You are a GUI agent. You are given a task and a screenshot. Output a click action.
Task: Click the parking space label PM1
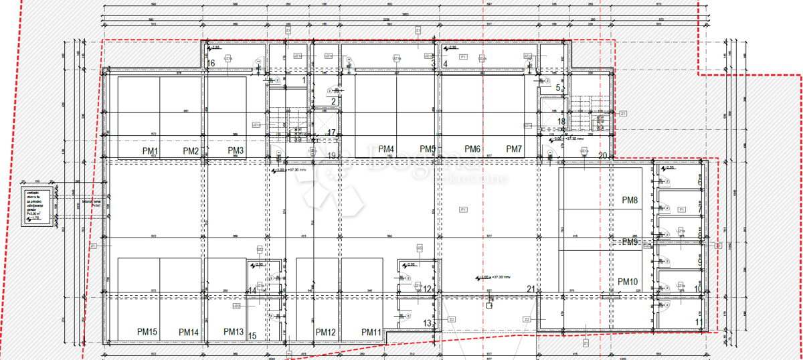pyautogui.click(x=150, y=152)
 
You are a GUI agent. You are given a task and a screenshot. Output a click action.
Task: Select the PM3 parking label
pyautogui.click(x=235, y=151)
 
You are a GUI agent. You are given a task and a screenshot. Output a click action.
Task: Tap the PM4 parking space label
pyautogui.click(x=386, y=149)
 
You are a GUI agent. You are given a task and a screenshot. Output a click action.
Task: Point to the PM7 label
pyautogui.click(x=514, y=149)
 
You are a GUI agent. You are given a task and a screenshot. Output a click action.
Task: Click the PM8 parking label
pyautogui.click(x=630, y=200)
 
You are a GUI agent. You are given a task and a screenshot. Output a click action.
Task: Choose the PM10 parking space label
pyautogui.click(x=630, y=281)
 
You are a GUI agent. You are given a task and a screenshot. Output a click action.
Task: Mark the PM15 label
pyautogui.click(x=147, y=332)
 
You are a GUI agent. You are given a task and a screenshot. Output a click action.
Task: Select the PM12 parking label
pyautogui.click(x=325, y=332)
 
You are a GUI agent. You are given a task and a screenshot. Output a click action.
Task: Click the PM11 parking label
pyautogui.click(x=371, y=332)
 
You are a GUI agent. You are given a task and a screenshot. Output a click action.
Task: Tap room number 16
pyautogui.click(x=211, y=64)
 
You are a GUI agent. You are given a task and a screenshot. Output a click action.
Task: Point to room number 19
pyautogui.click(x=332, y=156)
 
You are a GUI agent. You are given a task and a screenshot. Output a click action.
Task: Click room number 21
pyautogui.click(x=531, y=289)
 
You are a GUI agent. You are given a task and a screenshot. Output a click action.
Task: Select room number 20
pyautogui.click(x=602, y=156)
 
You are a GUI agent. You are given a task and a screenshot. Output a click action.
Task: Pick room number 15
pyautogui.click(x=253, y=336)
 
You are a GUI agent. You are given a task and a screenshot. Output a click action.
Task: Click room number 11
pyautogui.click(x=699, y=323)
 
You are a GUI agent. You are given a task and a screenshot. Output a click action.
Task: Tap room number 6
pyautogui.click(x=700, y=182)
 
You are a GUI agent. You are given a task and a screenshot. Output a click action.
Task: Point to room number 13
pyautogui.click(x=428, y=323)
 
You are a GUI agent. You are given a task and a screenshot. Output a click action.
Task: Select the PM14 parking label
pyautogui.click(x=189, y=332)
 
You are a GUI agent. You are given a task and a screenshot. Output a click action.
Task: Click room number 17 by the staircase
pyautogui.click(x=332, y=132)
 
